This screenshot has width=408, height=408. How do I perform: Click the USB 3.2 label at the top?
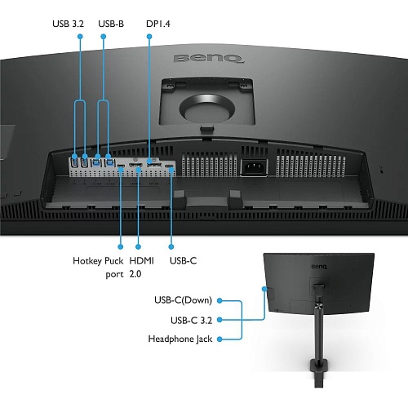tap(68, 24)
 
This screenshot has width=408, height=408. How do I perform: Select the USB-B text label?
tap(111, 24)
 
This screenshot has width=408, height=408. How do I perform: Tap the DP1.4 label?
tap(158, 24)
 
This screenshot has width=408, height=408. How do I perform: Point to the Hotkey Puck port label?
tap(98, 268)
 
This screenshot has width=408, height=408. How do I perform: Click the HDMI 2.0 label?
tap(141, 268)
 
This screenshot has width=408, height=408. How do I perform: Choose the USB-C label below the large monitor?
tap(183, 261)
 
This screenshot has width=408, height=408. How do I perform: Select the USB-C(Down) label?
tap(183, 300)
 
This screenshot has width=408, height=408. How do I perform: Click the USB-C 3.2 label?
tap(191, 321)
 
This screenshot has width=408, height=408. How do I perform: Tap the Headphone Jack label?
tap(180, 339)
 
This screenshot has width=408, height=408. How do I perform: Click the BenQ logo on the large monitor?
tap(208, 59)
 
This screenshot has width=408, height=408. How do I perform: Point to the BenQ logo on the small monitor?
tap(319, 267)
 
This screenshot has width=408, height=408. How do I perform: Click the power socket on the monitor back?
tap(255, 167)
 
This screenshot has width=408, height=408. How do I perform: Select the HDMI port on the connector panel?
tap(135, 165)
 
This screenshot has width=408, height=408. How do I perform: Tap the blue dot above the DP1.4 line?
tap(149, 37)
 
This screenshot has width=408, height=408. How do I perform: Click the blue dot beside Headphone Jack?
tap(220, 339)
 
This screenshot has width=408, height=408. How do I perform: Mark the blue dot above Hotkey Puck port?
tap(121, 246)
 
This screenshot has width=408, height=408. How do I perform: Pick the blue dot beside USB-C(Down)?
tap(220, 300)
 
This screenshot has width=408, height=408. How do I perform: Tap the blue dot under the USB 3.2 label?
tap(80, 37)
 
